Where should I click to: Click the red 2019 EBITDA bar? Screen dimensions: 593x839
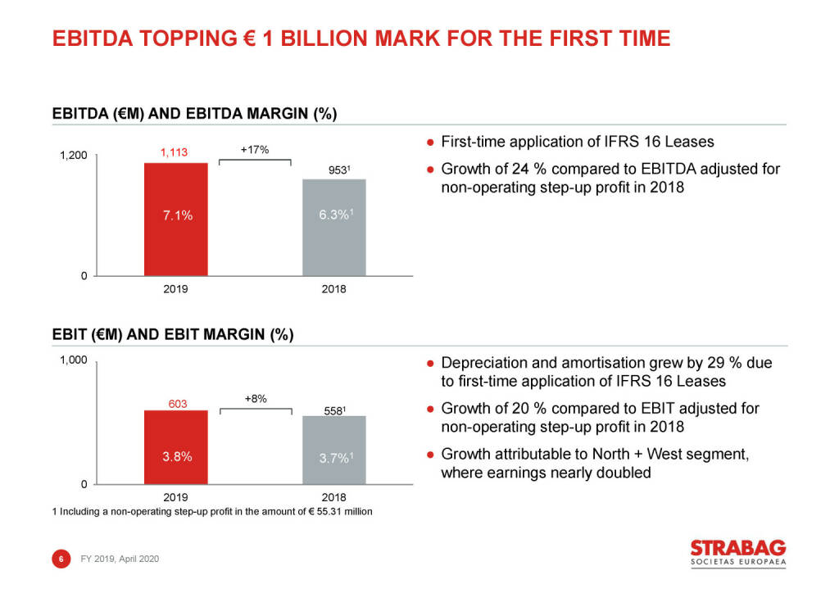[176, 220]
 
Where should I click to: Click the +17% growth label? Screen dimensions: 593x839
[255, 150]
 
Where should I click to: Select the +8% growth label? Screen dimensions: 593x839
[256, 398]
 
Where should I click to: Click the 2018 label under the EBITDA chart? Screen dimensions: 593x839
[333, 290]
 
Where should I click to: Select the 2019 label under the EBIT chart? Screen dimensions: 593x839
[176, 498]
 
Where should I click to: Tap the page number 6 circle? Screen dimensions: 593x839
[60, 559]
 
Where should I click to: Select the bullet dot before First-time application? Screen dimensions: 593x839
[429, 143]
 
